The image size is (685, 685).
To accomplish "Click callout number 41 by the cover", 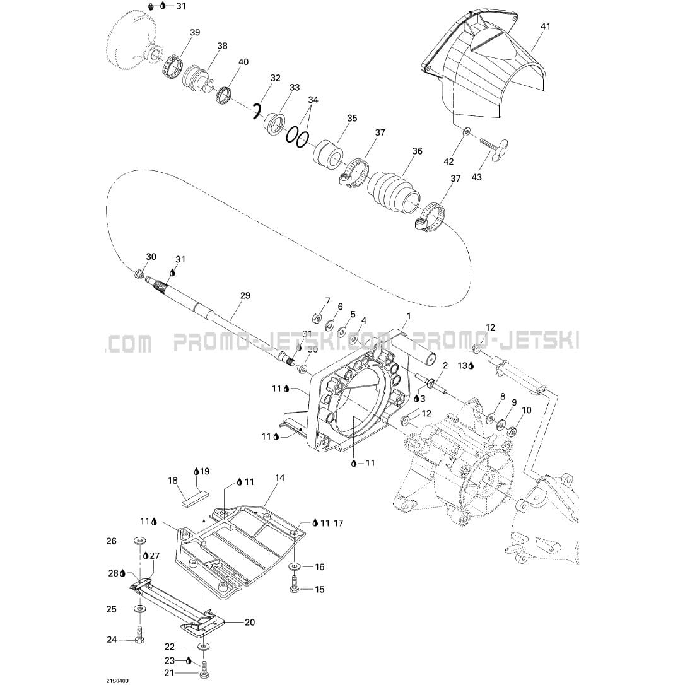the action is pos(545,26).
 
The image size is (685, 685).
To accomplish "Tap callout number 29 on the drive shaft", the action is pos(245,296).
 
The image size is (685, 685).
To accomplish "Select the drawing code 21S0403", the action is pos(117,681).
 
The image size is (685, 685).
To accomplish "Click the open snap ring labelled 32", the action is pos(257,111).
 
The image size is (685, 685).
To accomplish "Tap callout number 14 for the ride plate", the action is pos(280,478).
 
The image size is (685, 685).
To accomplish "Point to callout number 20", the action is pos(249,622).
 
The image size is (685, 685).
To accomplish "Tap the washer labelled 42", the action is pos(467,130).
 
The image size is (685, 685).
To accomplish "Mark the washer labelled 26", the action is pos(139,541).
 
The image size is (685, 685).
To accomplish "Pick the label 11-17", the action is pos(332,523).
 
